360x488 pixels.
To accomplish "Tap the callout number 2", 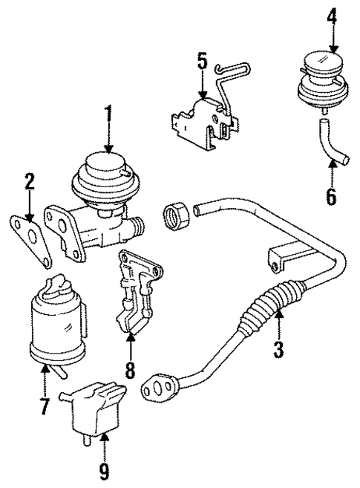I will (28, 181).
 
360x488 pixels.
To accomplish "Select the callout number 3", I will (278, 348).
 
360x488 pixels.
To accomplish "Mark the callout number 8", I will (131, 368).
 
